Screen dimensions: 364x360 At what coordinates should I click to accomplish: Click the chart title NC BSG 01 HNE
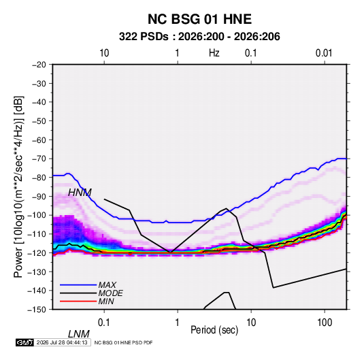click(199, 19)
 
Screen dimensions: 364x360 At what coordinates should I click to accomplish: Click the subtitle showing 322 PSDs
click(199, 37)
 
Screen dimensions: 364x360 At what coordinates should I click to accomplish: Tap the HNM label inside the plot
click(80, 193)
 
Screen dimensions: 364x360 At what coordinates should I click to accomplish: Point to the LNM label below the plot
click(78, 334)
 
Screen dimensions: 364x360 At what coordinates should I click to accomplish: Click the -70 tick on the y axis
click(39, 159)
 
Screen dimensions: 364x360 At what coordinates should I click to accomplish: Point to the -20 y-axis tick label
click(39, 65)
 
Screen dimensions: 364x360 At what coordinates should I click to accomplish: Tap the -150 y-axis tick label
click(37, 310)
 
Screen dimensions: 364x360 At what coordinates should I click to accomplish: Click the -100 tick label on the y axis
click(37, 215)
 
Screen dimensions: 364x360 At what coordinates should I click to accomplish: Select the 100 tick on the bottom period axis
click(325, 323)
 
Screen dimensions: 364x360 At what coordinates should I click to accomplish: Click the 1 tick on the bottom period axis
click(177, 323)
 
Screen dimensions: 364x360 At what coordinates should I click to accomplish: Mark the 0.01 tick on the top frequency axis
click(324, 53)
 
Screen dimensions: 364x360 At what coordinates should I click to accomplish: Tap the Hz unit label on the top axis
click(214, 53)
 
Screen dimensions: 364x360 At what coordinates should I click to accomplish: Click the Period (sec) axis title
click(214, 330)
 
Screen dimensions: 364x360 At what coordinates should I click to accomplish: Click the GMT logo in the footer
click(24, 342)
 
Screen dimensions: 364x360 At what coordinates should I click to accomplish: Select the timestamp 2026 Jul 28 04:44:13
click(62, 342)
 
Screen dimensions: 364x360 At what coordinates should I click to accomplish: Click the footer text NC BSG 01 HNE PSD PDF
click(124, 342)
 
